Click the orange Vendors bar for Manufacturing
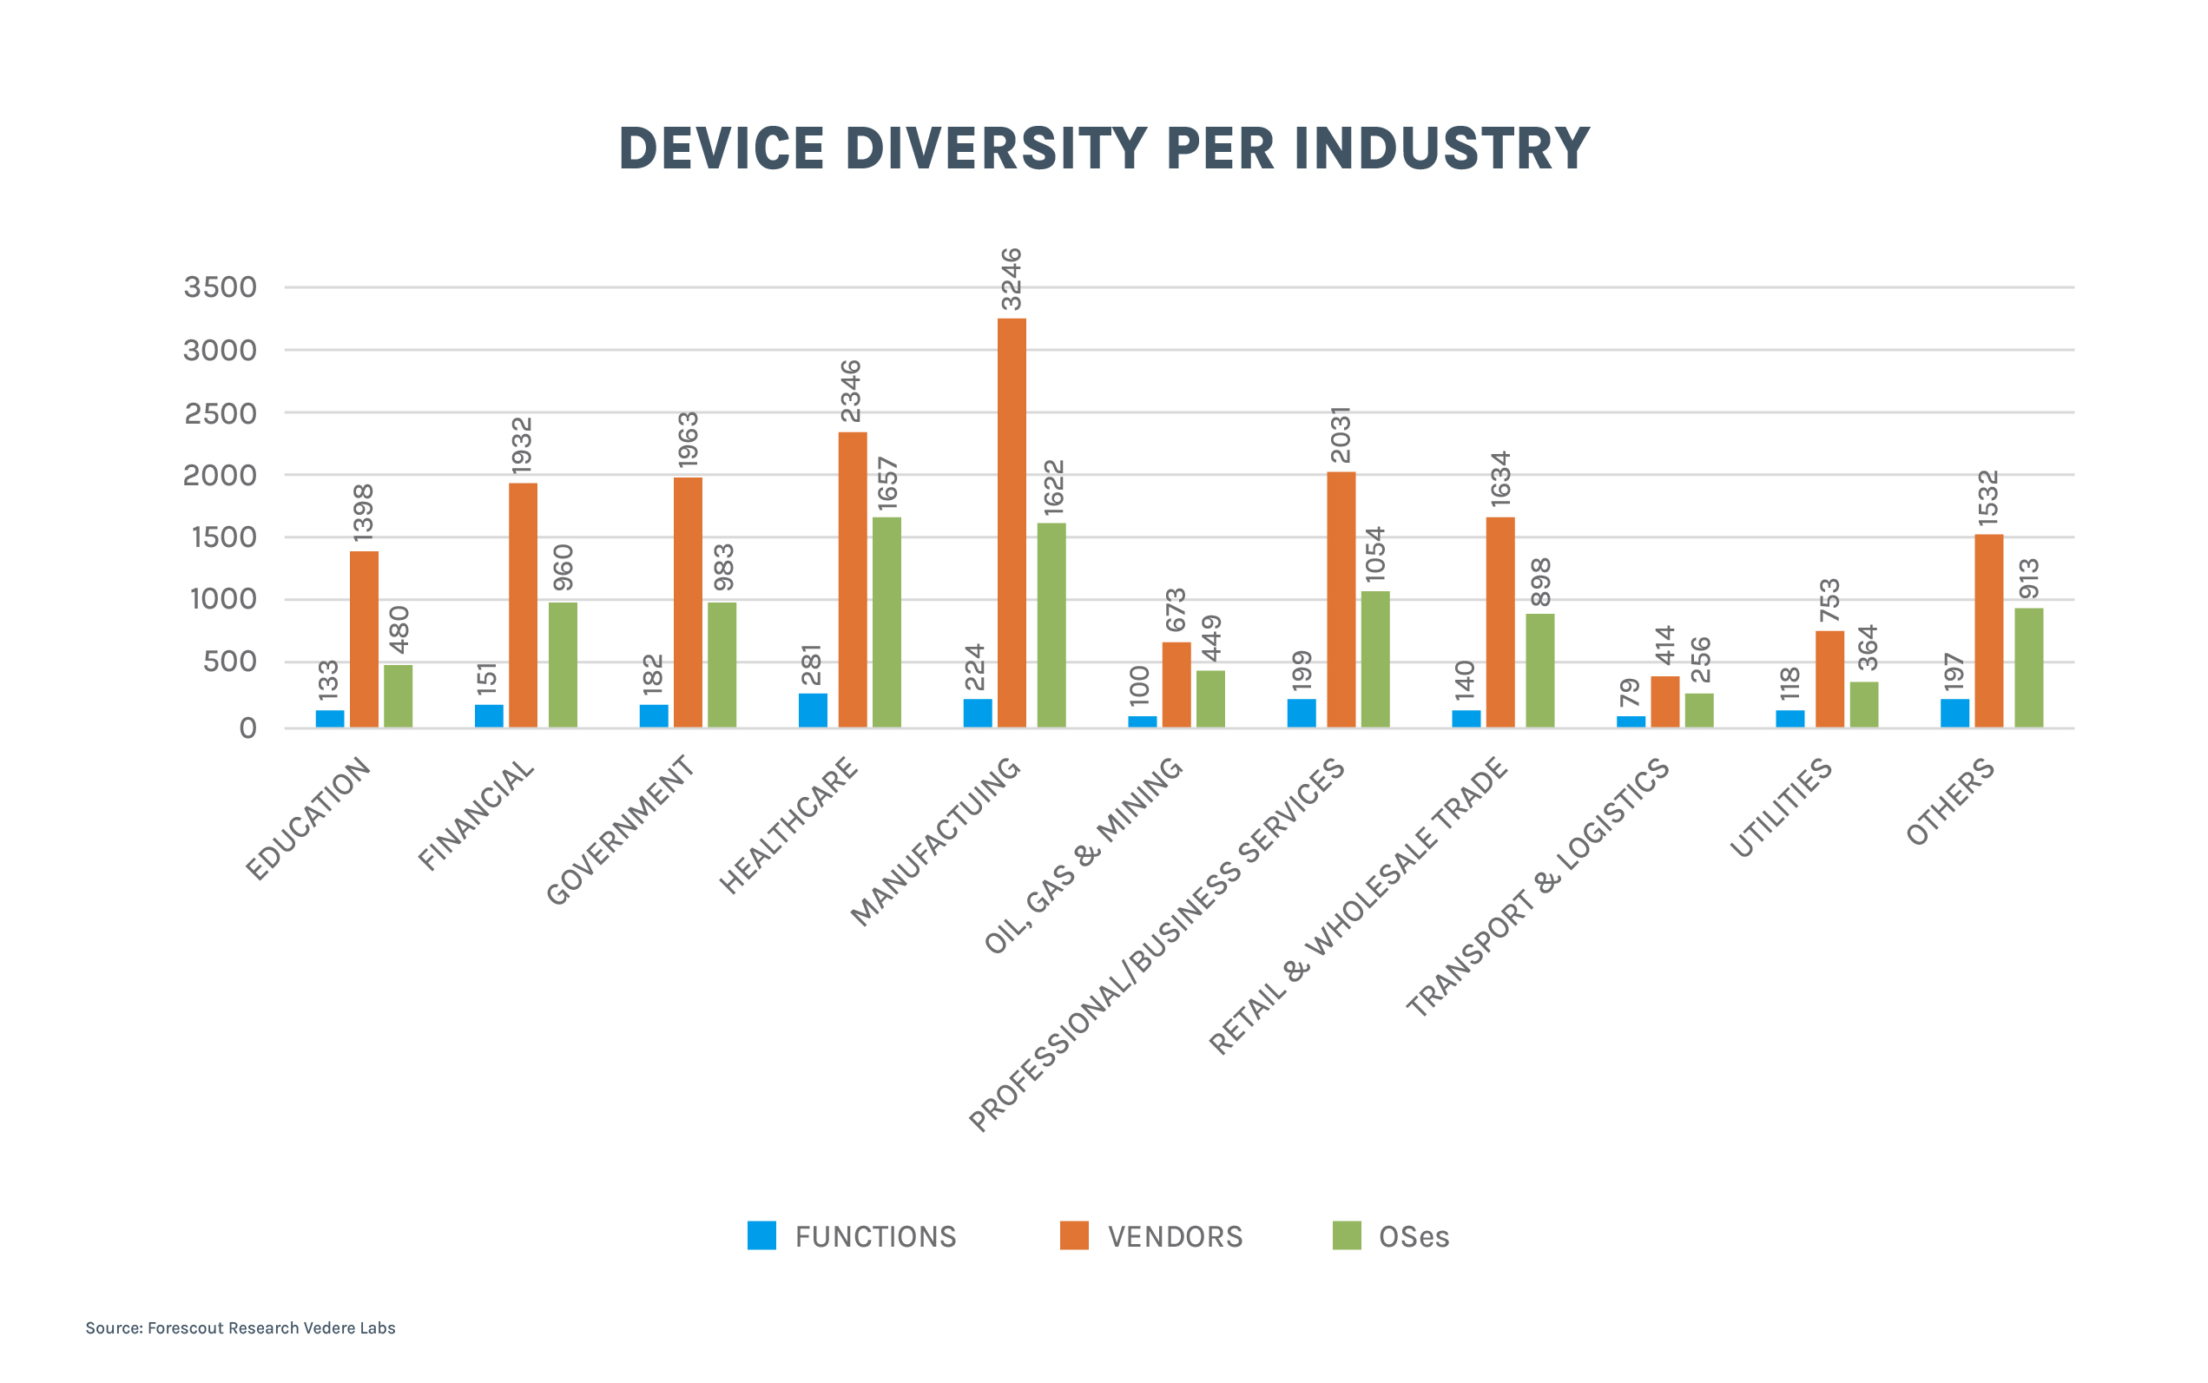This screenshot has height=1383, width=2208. click(x=1012, y=523)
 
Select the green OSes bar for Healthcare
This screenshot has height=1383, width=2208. click(x=886, y=622)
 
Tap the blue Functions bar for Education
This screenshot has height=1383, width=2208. click(x=330, y=718)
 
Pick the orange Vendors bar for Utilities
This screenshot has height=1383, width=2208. click(x=1829, y=679)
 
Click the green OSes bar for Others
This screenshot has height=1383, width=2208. click(x=2027, y=668)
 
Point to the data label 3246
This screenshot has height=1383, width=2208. click(x=1011, y=280)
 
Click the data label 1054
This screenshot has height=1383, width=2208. click(x=1374, y=554)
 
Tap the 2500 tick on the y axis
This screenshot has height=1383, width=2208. click(x=221, y=413)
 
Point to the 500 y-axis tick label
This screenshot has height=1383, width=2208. click(x=229, y=662)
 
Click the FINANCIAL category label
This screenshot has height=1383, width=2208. click(x=476, y=815)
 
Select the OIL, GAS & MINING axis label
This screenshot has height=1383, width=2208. click(x=1083, y=856)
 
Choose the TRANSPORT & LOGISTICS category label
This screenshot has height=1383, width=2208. click(x=1538, y=887)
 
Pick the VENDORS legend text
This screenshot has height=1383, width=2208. click(x=1176, y=1236)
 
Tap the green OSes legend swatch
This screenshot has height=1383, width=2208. click(x=1347, y=1235)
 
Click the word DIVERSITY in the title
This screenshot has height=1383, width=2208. click(x=995, y=148)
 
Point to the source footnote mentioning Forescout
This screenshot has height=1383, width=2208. click(x=241, y=1328)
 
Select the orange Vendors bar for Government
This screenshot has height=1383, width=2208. click(x=688, y=602)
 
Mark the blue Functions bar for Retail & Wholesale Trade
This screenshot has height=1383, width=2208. click(x=1467, y=718)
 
